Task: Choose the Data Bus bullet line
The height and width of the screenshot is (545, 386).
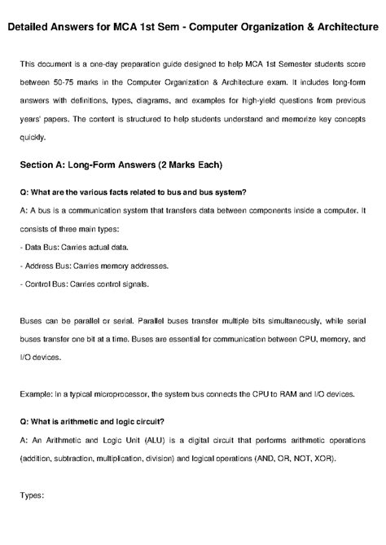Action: (x=72, y=249)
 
